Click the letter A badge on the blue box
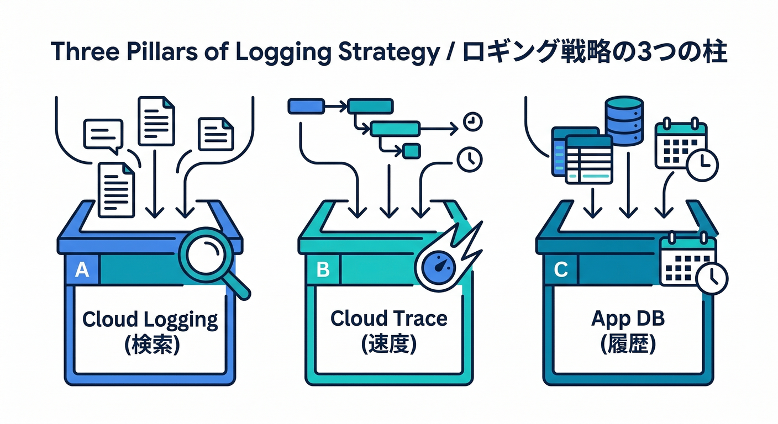(x=82, y=270)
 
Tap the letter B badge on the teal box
(x=323, y=270)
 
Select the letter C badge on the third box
(x=560, y=270)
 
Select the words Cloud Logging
(x=150, y=319)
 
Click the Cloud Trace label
(x=389, y=318)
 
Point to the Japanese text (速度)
(x=389, y=345)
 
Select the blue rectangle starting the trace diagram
(x=306, y=105)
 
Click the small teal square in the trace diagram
(x=412, y=150)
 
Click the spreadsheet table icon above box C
(x=587, y=160)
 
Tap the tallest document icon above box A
(x=156, y=121)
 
